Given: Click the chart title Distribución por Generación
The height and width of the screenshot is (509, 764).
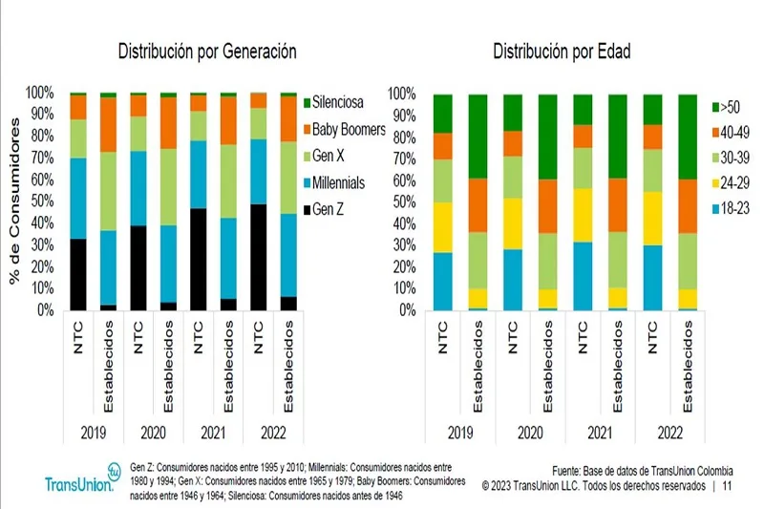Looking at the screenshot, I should pyautogui.click(x=206, y=52).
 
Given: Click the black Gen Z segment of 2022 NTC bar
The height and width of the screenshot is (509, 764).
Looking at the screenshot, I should pyautogui.click(x=257, y=258).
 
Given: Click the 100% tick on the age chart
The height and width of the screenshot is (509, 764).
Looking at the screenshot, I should pyautogui.click(x=400, y=94).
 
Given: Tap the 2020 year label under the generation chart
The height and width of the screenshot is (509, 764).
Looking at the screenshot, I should pyautogui.click(x=153, y=433).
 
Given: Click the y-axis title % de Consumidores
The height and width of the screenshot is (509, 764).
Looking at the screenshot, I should pyautogui.click(x=14, y=201).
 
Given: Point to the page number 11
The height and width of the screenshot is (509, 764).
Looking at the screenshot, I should pyautogui.click(x=728, y=485).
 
